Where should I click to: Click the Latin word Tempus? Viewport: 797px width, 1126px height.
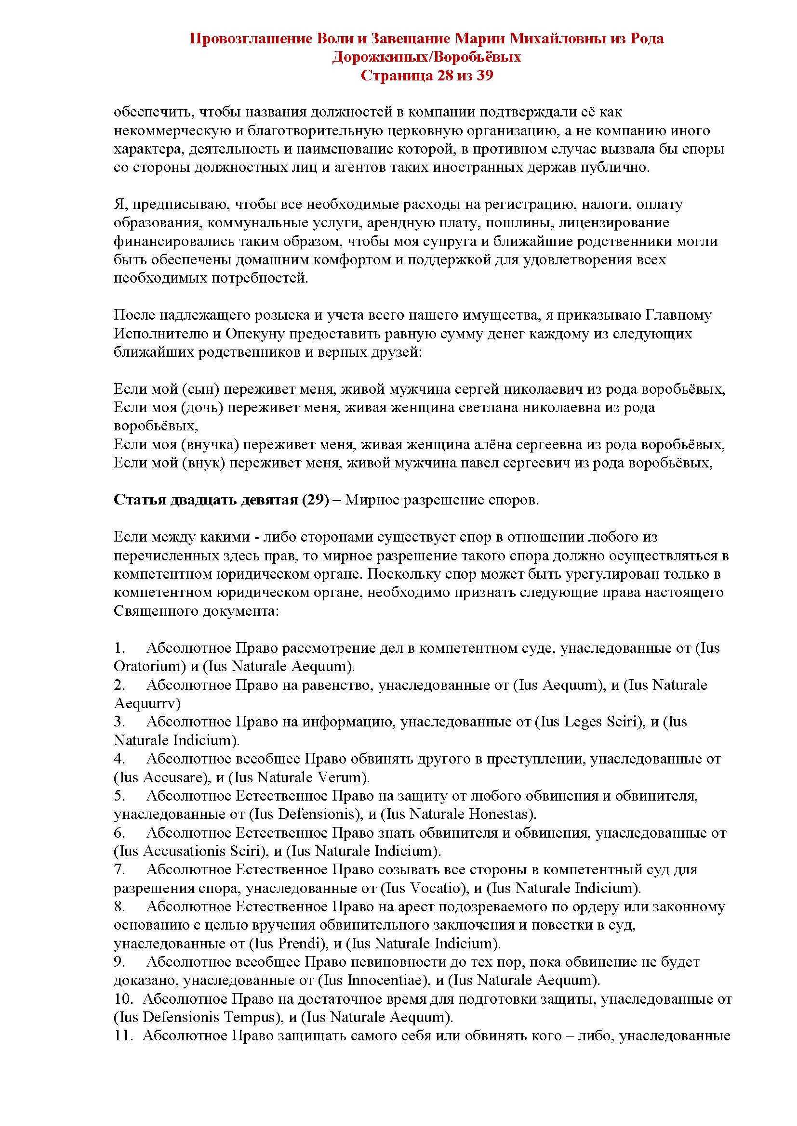click(x=248, y=1018)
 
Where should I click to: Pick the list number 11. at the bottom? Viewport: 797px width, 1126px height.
click(x=123, y=1036)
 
